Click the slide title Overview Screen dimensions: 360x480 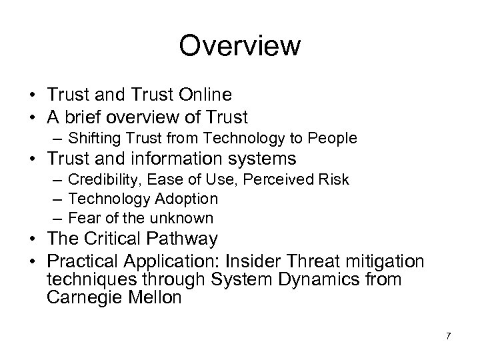click(240, 47)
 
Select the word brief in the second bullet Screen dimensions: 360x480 click(97, 117)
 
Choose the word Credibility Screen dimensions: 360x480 click(99, 180)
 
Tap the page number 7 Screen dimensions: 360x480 click(448, 336)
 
